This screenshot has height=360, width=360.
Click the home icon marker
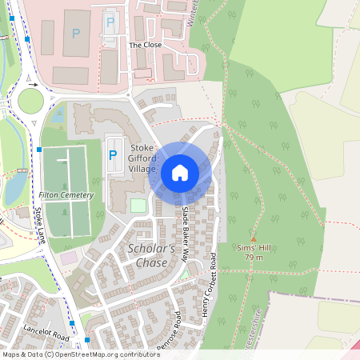(x=180, y=172)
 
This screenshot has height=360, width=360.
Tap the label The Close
(x=145, y=46)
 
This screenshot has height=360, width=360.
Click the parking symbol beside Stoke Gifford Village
(x=112, y=154)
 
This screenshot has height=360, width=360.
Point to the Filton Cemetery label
(x=66, y=195)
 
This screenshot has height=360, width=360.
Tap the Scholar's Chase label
(x=152, y=256)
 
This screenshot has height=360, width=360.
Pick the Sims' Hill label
(x=254, y=248)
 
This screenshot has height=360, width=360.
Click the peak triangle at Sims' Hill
(x=254, y=238)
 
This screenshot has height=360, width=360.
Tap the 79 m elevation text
(x=254, y=258)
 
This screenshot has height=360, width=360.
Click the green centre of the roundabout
(x=30, y=101)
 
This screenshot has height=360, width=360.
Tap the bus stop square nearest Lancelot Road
(x=73, y=323)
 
